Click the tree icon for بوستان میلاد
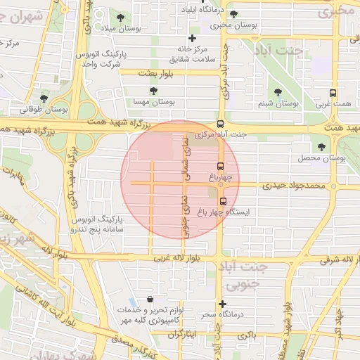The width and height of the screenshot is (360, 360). point(120,17)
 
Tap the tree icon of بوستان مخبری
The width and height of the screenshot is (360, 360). point(233,14)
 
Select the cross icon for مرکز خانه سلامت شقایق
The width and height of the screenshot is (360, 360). point(192,38)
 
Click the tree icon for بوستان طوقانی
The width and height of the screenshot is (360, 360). point(44,99)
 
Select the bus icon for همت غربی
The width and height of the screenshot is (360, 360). point(333,93)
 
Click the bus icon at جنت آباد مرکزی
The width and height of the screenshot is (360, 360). point(220,123)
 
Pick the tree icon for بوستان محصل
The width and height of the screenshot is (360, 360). point(322,148)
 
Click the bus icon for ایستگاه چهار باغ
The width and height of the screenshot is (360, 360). point(224,200)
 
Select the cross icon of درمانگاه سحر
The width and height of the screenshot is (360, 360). point(223,304)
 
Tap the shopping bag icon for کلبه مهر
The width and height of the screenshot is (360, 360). point(150,300)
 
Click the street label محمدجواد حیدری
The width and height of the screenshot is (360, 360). point(295,186)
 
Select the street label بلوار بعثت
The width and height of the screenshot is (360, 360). point(155,73)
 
